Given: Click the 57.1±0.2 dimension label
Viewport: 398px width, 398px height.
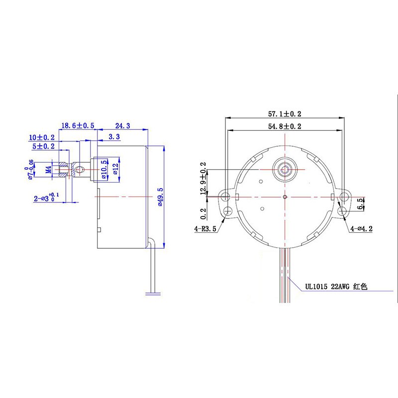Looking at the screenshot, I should point(285,113).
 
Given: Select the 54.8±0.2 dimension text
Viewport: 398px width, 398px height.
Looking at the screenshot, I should point(285,126).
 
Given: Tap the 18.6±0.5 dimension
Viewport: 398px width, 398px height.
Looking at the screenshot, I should point(78,126).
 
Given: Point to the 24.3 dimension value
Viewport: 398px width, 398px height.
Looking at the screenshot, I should point(123,126).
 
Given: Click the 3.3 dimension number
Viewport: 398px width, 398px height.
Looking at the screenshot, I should point(114,136).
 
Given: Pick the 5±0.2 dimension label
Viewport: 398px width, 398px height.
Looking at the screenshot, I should point(44,147).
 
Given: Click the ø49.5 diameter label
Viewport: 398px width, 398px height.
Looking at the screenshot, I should point(160,197).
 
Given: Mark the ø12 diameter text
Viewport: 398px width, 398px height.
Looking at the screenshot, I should point(115,169).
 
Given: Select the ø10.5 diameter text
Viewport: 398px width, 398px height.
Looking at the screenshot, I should point(104,169).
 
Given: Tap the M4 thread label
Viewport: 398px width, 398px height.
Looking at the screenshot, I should point(48,169).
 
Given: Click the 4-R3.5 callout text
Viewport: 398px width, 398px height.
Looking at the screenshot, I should point(206,229).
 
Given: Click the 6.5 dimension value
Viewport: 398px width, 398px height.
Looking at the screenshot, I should point(361,203).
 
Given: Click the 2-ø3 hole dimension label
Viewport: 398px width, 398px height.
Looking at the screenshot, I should point(47,198).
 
